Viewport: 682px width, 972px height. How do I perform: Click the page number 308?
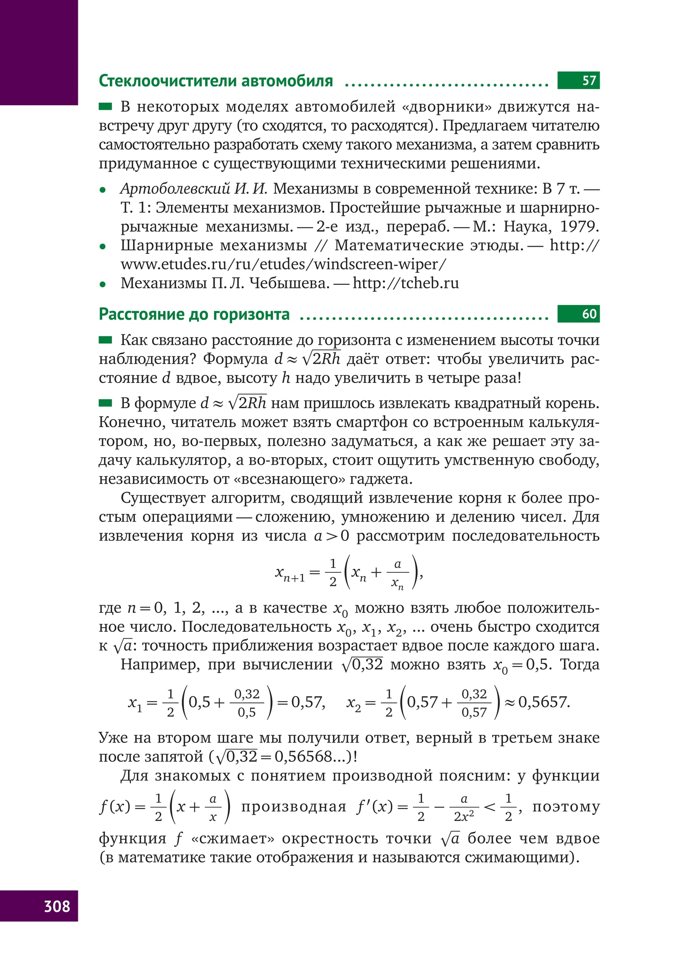[57, 906]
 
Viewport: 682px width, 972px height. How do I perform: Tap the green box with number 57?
[578, 81]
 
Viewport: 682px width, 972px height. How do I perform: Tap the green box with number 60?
[578, 314]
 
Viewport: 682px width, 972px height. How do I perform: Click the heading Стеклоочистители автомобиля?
[215, 81]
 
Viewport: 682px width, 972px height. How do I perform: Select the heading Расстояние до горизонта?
[194, 314]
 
